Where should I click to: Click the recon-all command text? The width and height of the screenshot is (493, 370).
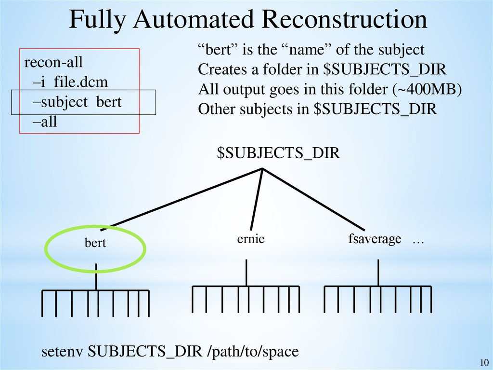pos(53,63)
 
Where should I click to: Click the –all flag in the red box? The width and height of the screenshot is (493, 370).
pos(45,122)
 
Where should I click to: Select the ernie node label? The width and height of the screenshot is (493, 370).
pos(251,239)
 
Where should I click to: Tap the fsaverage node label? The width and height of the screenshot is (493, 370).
pos(375,239)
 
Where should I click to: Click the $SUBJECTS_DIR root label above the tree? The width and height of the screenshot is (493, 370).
pos(278,153)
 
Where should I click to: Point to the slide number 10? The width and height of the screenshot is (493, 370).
pos(484,363)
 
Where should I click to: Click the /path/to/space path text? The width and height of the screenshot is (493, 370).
pos(253,352)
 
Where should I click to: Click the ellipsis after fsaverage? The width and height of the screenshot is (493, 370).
pos(417,240)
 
